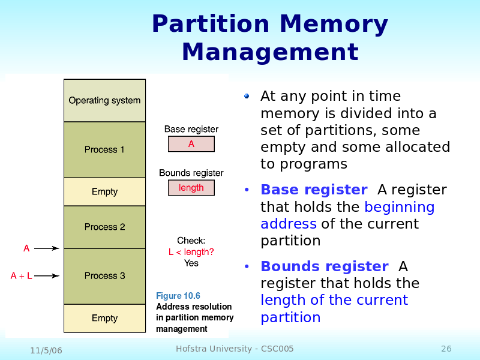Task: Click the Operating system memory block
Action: (x=104, y=100)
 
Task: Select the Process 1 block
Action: (x=104, y=149)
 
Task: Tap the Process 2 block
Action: (x=104, y=227)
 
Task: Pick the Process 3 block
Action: (x=104, y=276)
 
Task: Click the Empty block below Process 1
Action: (x=104, y=191)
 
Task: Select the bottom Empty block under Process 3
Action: (x=104, y=318)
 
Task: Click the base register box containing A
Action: (x=191, y=144)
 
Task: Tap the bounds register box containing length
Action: (x=191, y=188)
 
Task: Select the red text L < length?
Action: (x=191, y=252)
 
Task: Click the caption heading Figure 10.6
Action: (x=178, y=296)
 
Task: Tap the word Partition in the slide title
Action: (x=211, y=25)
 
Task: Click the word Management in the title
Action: (x=270, y=52)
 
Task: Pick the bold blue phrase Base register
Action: (x=314, y=190)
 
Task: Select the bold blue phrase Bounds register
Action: (x=325, y=266)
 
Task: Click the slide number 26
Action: (x=446, y=349)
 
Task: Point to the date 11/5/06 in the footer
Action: (x=46, y=350)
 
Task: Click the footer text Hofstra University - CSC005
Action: (x=235, y=349)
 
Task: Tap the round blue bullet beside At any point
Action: (x=247, y=97)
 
